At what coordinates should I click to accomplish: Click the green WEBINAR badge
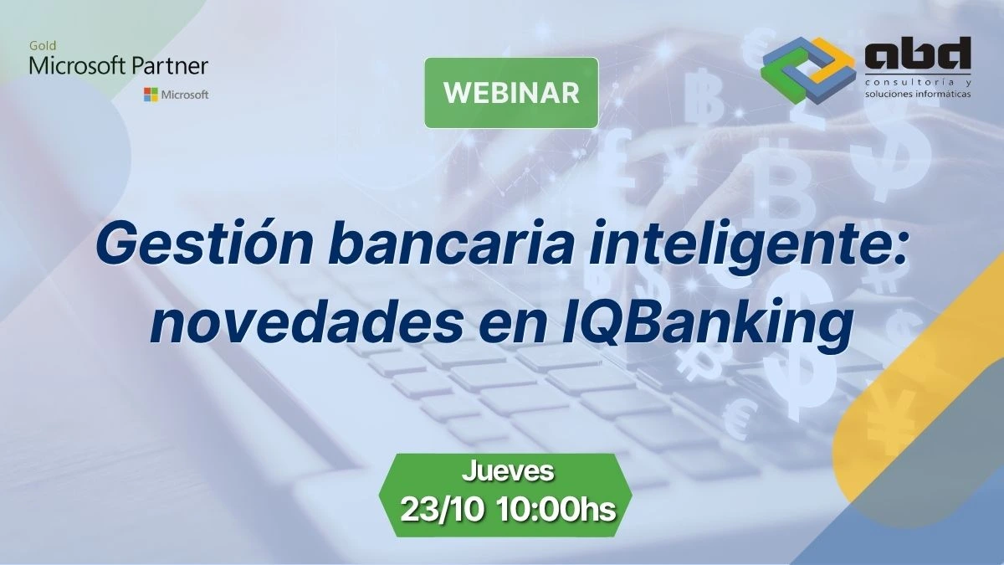click(511, 92)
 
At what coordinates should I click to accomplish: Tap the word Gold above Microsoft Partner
click(43, 46)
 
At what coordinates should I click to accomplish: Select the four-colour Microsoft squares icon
click(151, 95)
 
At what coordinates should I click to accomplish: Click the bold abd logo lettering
click(918, 54)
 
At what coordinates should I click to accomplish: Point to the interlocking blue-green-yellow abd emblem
click(808, 70)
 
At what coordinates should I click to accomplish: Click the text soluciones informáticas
click(918, 94)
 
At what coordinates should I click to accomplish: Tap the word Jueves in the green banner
click(508, 472)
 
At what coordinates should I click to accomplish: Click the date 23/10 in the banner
click(443, 510)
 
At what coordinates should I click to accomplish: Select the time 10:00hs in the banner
click(556, 510)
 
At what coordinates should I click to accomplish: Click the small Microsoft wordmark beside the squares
click(185, 95)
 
